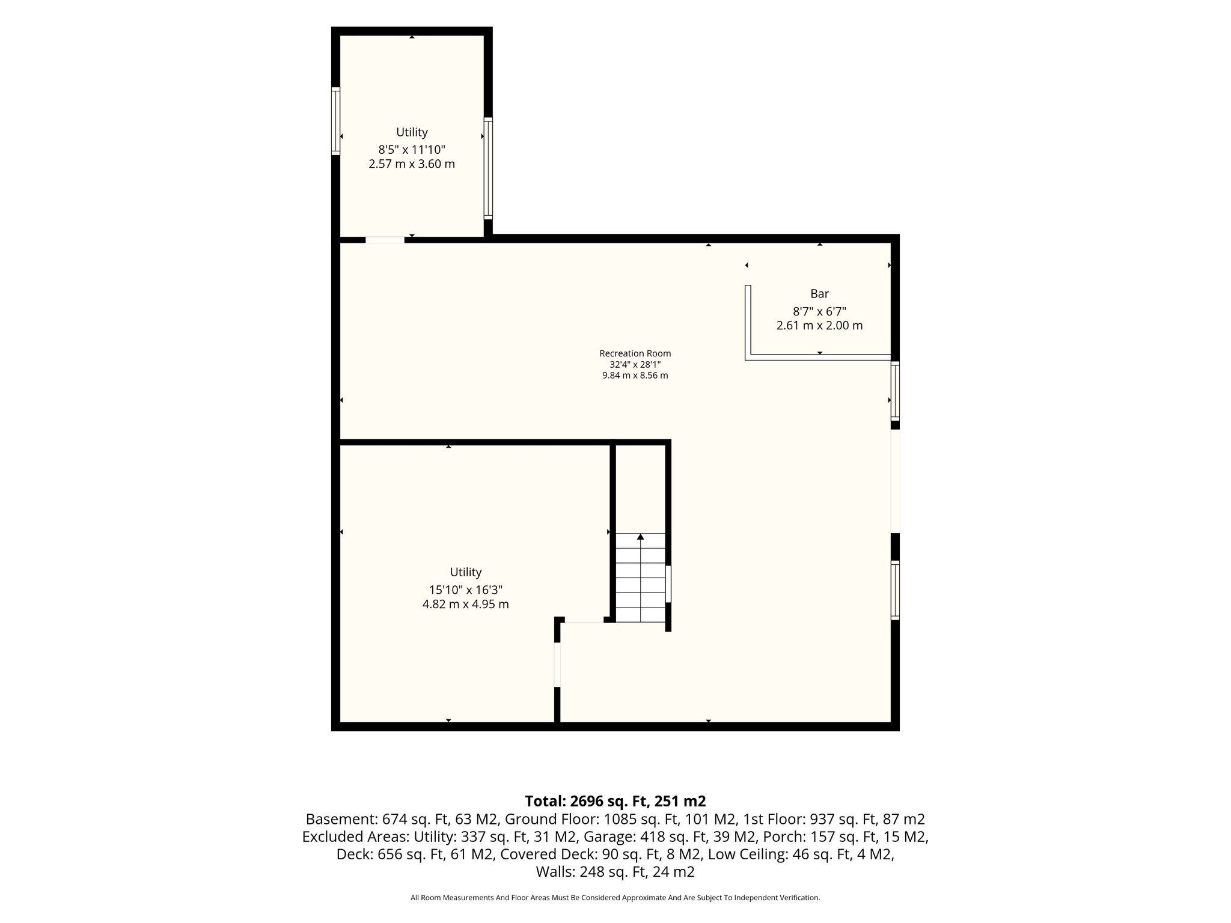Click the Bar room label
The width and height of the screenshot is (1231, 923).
pos(819,294)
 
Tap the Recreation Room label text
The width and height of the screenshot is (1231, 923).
pos(635,353)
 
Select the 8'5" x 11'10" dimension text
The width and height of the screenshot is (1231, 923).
pos(412,149)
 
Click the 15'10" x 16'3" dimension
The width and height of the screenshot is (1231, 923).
pos(466,589)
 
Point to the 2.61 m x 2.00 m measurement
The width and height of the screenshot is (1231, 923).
pos(819,326)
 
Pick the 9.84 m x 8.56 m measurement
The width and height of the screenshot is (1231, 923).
pos(635,376)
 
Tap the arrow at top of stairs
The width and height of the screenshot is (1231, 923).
pos(641,537)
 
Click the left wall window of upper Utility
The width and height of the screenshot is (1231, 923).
pos(336,121)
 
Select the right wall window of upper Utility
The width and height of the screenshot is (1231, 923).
pos(488,168)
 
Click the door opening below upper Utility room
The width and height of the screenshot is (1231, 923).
pos(385,240)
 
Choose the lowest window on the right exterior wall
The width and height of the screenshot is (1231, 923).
pos(895,590)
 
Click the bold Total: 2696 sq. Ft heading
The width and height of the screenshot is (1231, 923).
pos(615,801)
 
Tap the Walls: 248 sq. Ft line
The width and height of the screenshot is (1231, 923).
pos(615,872)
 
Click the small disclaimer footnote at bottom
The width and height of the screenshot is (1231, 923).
pos(615,898)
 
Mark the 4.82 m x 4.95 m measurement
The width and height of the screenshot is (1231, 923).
pos(466,605)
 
